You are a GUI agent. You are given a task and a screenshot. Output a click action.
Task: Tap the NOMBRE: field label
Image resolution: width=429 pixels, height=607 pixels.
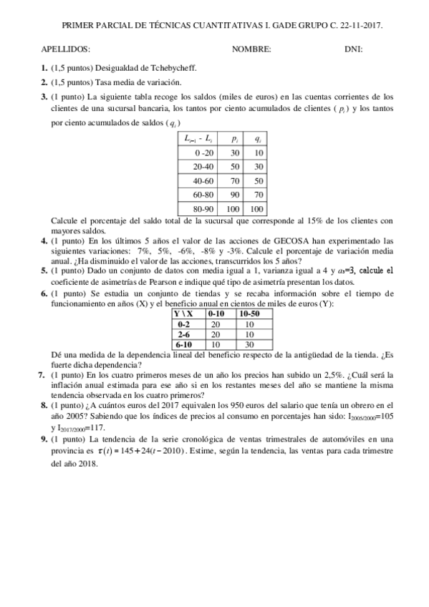(x=251, y=49)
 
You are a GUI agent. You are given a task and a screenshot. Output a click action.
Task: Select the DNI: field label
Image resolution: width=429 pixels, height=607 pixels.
(x=353, y=49)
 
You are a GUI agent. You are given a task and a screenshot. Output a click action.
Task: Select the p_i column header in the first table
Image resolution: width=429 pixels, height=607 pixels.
(x=233, y=138)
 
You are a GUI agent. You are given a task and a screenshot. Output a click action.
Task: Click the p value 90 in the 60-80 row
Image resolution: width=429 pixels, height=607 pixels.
(x=233, y=193)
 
